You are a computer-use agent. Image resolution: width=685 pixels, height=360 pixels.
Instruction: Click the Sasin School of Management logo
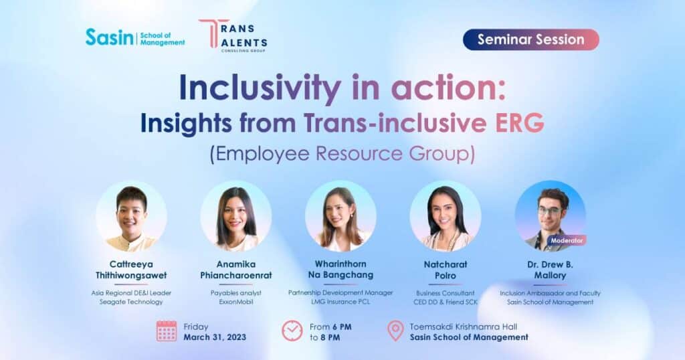pyautogui.click(x=135, y=37)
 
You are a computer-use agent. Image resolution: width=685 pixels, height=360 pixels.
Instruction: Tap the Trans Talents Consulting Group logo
pyautogui.click(x=233, y=35)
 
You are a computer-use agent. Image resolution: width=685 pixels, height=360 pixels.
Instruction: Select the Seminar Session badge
pyautogui.click(x=530, y=39)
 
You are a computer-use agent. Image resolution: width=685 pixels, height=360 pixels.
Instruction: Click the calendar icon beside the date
pyautogui.click(x=167, y=331)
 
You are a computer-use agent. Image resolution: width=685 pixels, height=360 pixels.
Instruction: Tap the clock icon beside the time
pyautogui.click(x=292, y=331)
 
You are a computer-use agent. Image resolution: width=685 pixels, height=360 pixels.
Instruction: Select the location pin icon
pyautogui.click(x=396, y=331)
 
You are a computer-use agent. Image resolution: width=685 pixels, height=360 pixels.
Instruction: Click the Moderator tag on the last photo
pyautogui.click(x=567, y=240)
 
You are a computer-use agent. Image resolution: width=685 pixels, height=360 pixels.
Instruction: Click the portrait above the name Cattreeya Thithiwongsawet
pyautogui.click(x=132, y=217)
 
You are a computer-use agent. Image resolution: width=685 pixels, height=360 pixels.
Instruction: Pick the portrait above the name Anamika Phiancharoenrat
pyautogui.click(x=236, y=217)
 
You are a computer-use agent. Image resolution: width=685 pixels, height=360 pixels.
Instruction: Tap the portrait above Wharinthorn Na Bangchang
pyautogui.click(x=340, y=216)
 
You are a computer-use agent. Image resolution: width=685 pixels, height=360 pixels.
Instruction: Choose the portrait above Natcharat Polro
pyautogui.click(x=445, y=217)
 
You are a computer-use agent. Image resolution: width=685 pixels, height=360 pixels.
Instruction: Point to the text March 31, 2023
pyautogui.click(x=215, y=337)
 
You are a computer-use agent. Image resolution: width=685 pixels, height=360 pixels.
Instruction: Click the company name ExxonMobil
pyautogui.click(x=236, y=302)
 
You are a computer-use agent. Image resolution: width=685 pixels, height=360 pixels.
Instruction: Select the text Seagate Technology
pyautogui.click(x=131, y=302)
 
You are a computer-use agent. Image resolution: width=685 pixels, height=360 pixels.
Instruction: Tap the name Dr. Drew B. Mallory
pyautogui.click(x=550, y=270)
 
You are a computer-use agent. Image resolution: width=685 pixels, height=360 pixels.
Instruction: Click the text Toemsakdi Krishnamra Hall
pyautogui.click(x=464, y=327)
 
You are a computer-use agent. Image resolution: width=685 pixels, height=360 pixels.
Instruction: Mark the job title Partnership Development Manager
pyautogui.click(x=340, y=292)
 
